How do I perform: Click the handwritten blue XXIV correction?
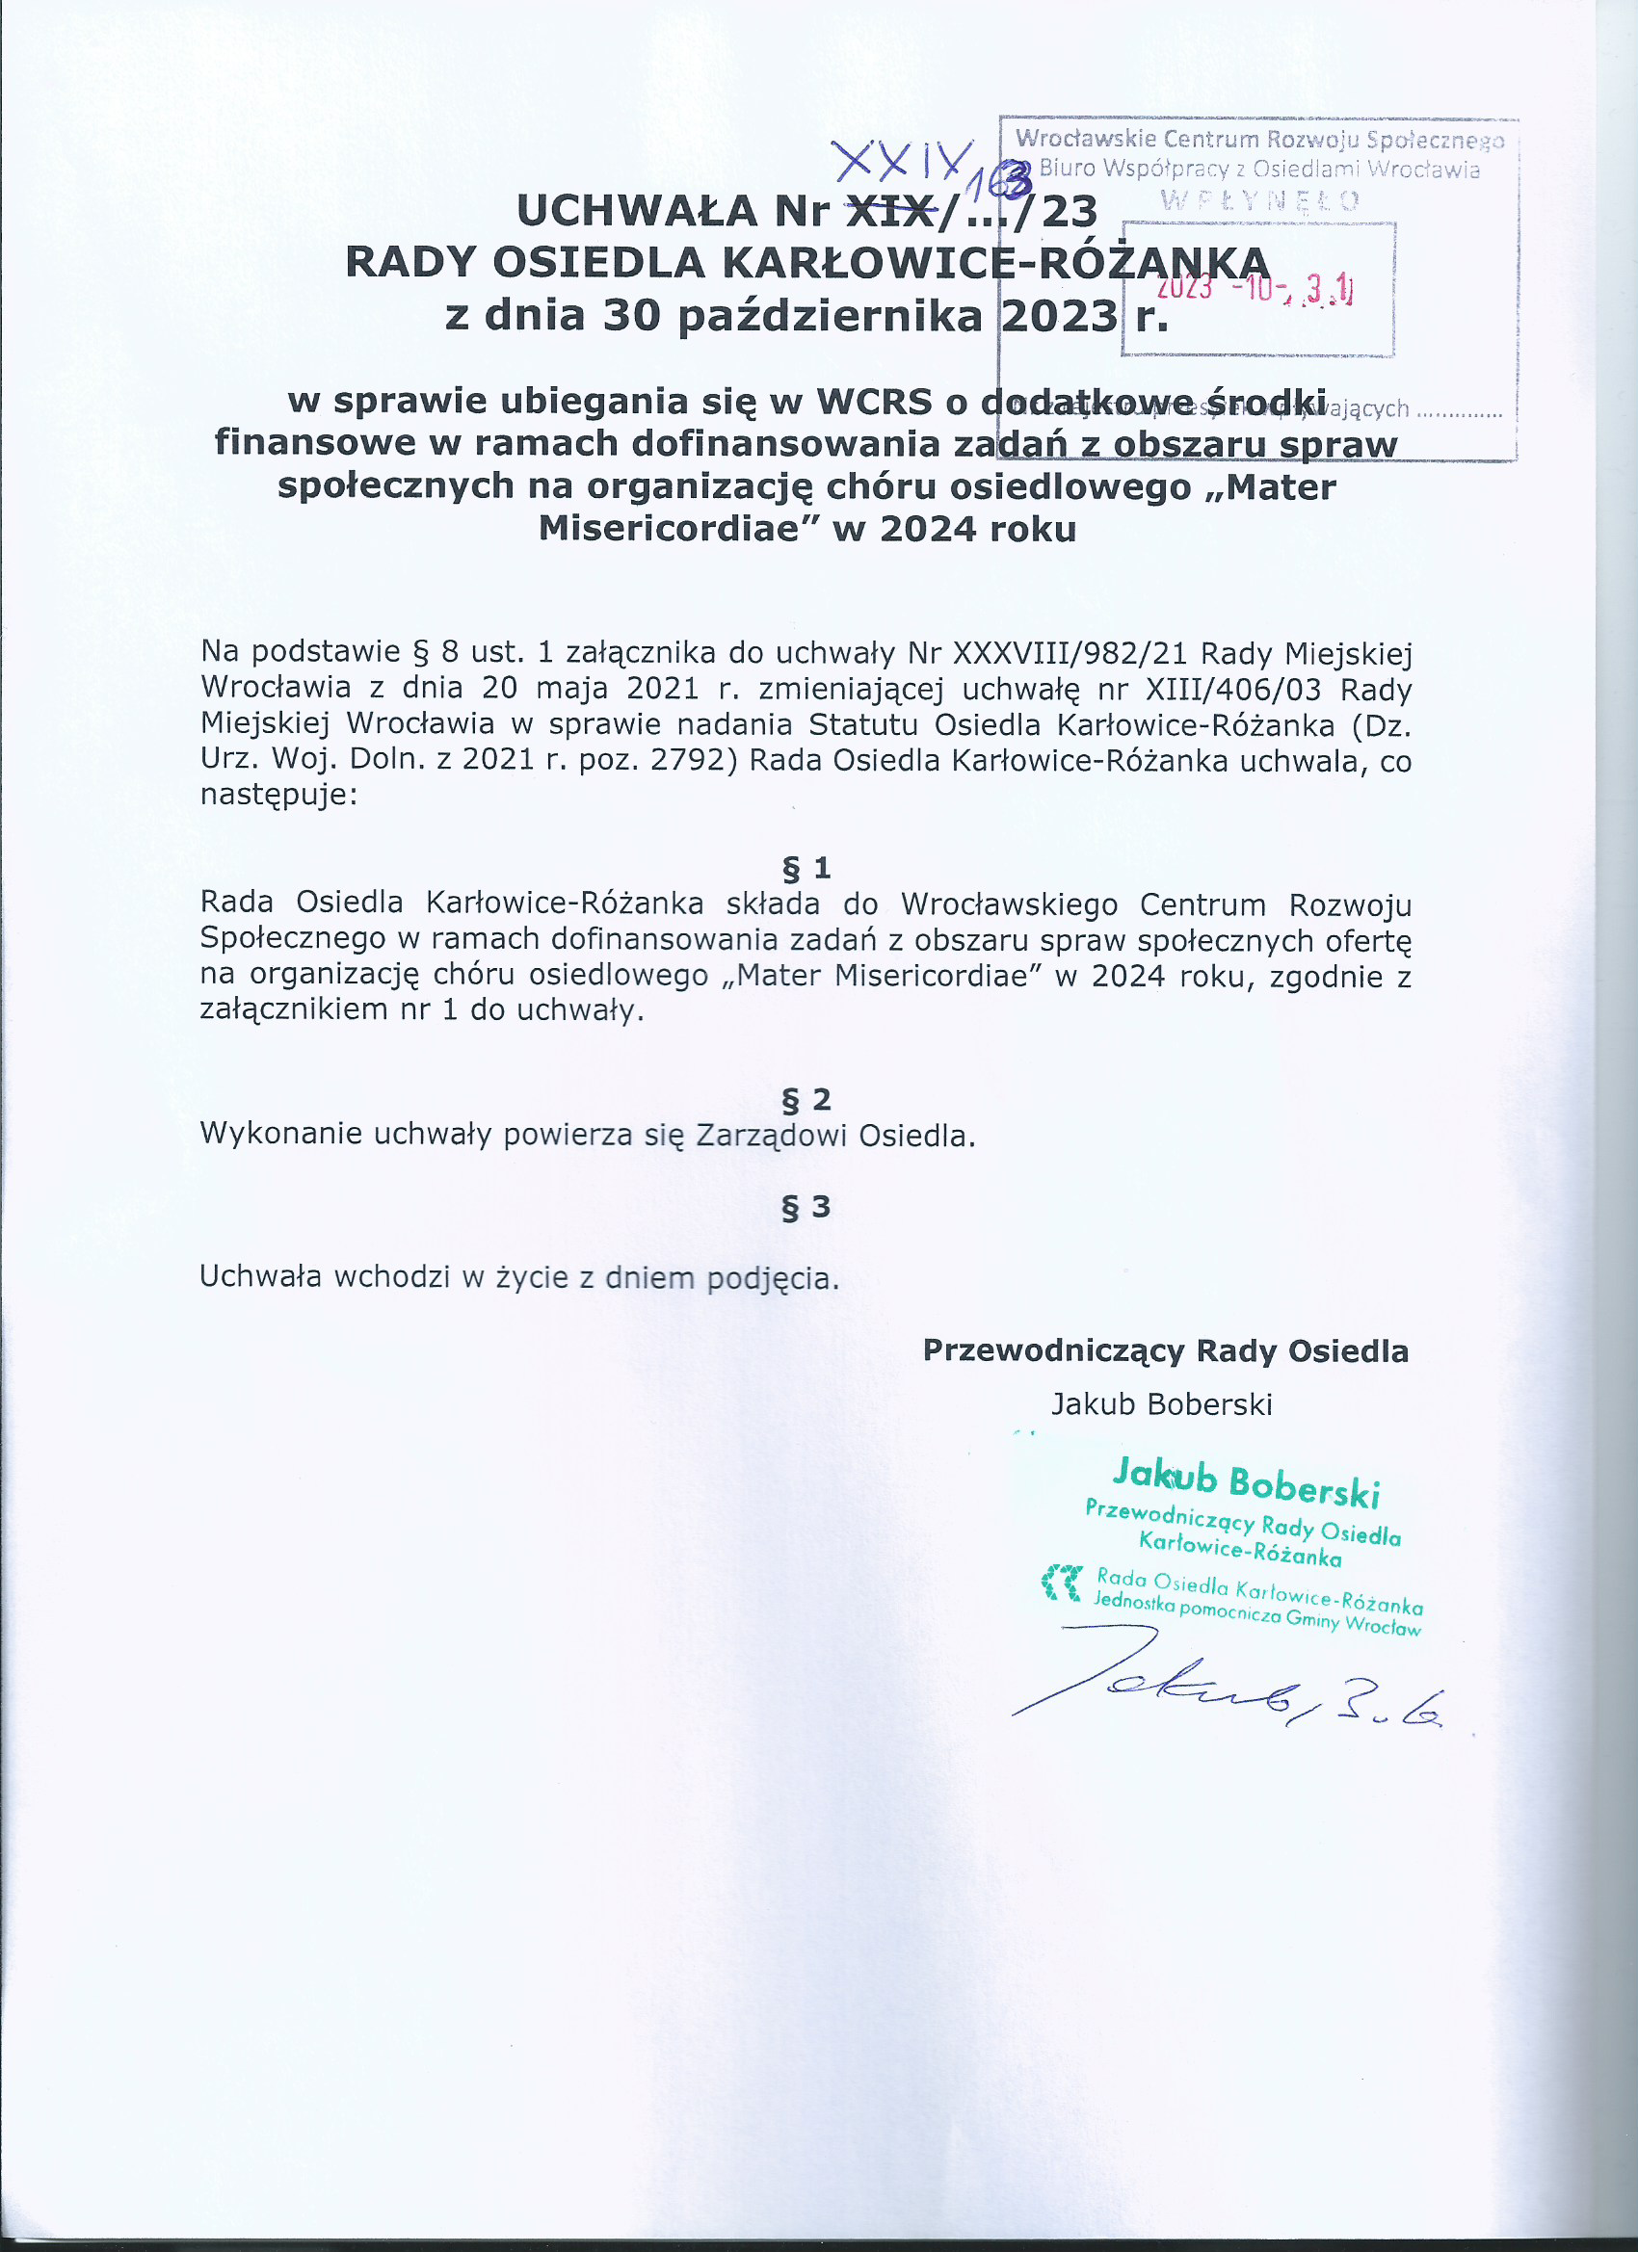click(x=902, y=158)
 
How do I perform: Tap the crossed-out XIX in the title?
click(x=890, y=211)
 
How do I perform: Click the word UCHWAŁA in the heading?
click(x=636, y=211)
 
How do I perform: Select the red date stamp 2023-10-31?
click(x=1255, y=288)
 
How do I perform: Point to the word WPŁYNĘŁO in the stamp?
click(x=1259, y=200)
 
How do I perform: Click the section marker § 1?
click(x=806, y=869)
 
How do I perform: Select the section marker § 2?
click(x=806, y=1099)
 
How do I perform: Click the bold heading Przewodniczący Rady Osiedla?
click(x=1165, y=1350)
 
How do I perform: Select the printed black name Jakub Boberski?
click(x=1161, y=1404)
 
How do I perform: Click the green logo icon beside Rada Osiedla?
click(x=1061, y=1583)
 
